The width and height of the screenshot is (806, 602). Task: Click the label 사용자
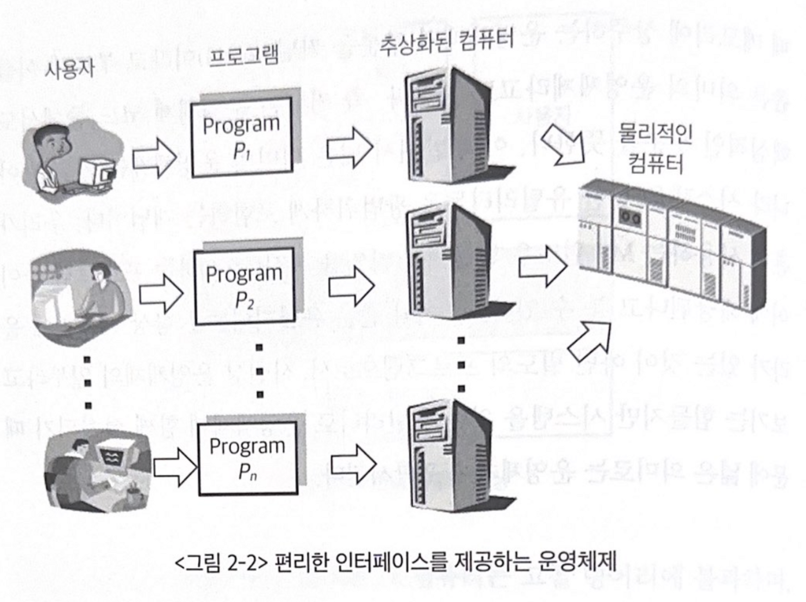[69, 69]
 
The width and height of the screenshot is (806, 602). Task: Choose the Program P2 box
[244, 286]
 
